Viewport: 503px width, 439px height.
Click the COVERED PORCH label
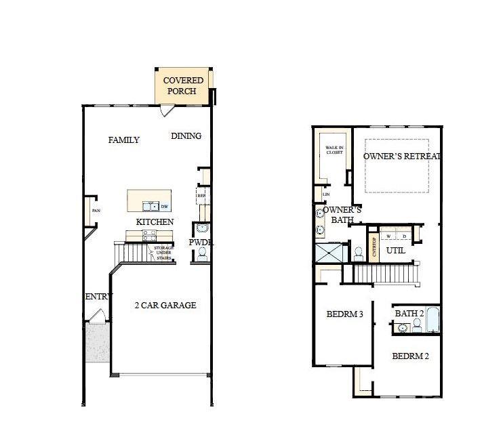[183, 86]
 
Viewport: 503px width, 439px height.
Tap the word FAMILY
[124, 140]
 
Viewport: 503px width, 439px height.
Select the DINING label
[186, 136]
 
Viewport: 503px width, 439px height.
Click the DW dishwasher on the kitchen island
[165, 206]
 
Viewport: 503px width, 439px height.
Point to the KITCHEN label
[155, 222]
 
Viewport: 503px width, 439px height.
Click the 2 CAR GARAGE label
[165, 306]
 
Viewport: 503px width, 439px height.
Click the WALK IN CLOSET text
[334, 150]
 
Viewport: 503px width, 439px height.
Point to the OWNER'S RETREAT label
[401, 156]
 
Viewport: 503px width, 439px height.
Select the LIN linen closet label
[326, 194]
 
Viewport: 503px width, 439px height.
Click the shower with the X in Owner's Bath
[329, 253]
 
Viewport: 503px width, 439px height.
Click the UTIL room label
[396, 251]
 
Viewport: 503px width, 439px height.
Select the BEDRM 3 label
[345, 314]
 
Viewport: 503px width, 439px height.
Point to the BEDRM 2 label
[410, 356]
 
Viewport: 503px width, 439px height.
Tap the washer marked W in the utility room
[388, 236]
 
